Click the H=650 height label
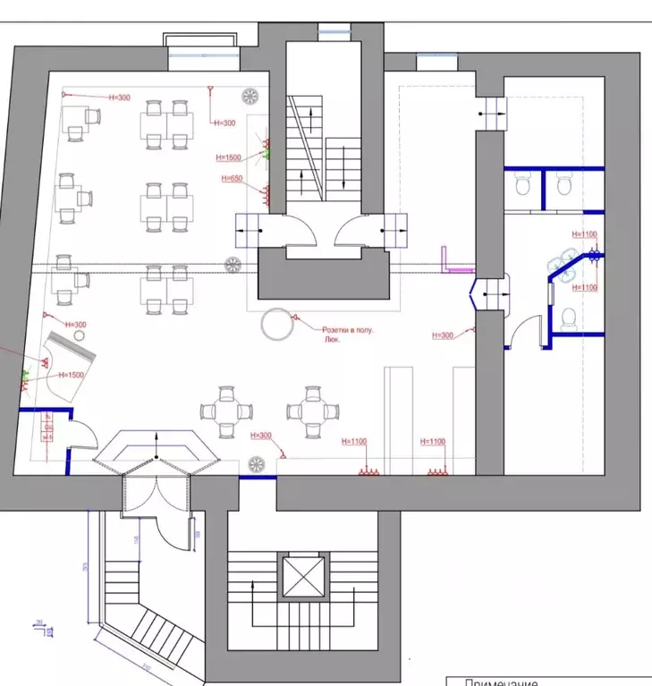232,179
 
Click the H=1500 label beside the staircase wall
229,157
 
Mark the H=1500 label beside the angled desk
70,375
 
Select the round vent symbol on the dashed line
233,265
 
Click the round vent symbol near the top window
250,96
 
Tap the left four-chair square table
226,411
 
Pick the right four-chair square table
313,411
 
